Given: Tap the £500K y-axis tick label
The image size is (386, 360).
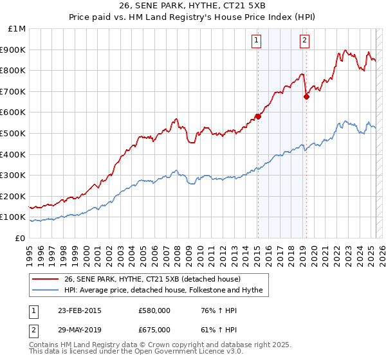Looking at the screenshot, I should pos(14,133).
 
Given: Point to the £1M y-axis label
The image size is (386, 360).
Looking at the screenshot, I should pos(17,29).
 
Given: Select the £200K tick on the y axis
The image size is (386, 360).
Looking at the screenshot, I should pos(14,196).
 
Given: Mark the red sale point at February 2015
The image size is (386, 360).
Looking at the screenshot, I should pos(257,116).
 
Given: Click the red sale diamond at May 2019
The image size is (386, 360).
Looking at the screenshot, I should pos(306,96).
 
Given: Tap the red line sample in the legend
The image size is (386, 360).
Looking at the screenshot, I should pos(46,279).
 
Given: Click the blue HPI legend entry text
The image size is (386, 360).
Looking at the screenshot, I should pos(163,290).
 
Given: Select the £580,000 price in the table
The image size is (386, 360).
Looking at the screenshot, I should pos(154,311).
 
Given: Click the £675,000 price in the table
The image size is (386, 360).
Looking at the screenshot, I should pos(154,330).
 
